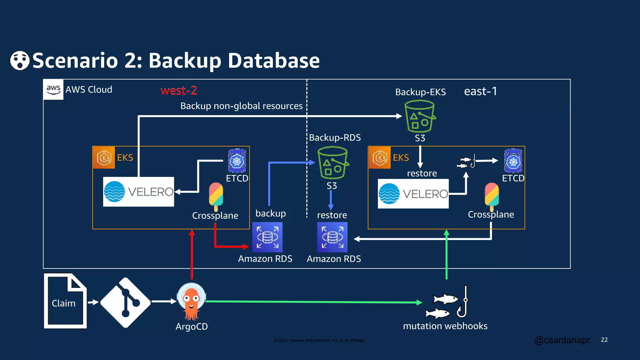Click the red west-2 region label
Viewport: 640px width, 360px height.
[178, 91]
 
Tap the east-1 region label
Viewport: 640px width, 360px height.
[480, 91]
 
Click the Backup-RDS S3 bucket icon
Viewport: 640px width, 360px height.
[332, 163]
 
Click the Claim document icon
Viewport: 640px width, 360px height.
[65, 301]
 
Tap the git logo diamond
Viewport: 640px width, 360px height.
[125, 302]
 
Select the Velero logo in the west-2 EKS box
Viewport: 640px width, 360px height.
[138, 192]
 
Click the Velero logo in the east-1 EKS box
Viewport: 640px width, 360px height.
[413, 194]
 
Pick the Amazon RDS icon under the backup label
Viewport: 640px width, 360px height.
[267, 237]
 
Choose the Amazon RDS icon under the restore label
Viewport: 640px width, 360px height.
[332, 237]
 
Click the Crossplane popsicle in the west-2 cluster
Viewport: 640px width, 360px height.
[216, 196]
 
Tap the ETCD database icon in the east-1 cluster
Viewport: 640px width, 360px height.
[513, 161]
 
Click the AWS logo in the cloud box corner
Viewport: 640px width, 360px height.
[53, 89]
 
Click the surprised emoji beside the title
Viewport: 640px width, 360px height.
[20, 60]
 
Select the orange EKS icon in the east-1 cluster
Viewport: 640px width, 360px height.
[379, 157]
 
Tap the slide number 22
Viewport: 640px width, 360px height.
[604, 340]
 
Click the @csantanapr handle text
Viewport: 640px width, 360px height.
[562, 340]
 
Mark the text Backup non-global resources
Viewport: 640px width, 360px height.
[241, 106]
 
